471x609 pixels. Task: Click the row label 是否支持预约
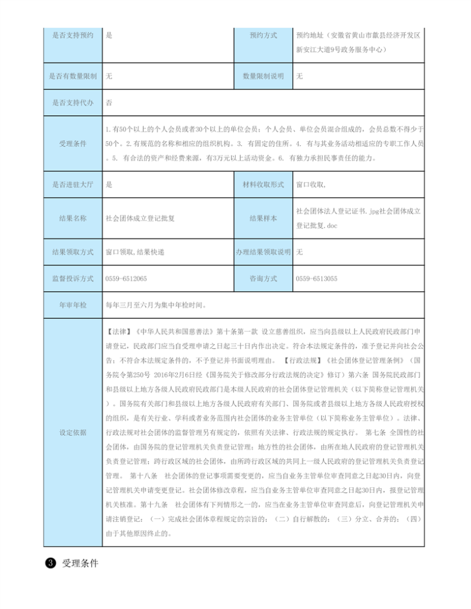[72, 35]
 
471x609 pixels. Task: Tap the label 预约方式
[263, 35]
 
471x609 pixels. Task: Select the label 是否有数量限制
[72, 76]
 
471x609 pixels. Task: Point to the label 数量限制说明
[263, 76]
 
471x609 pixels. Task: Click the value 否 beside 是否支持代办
[109, 102]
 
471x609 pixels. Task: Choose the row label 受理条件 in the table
[72, 143]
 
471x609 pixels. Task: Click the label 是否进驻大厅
[72, 185]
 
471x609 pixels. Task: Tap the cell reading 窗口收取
[310, 185]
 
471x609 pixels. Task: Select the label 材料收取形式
[263, 185]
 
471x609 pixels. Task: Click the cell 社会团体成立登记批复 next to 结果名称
[140, 218]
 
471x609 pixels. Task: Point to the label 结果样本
[263, 218]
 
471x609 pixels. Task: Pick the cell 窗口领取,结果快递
[135, 252]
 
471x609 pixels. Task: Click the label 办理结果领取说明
[263, 252]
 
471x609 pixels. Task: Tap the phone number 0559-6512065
[126, 278]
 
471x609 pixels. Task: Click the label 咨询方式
[263, 278]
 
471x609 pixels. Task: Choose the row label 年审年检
[72, 305]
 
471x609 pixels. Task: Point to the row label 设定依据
[72, 432]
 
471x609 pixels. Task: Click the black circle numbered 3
[51, 563]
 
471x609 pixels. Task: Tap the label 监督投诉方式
[72, 278]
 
